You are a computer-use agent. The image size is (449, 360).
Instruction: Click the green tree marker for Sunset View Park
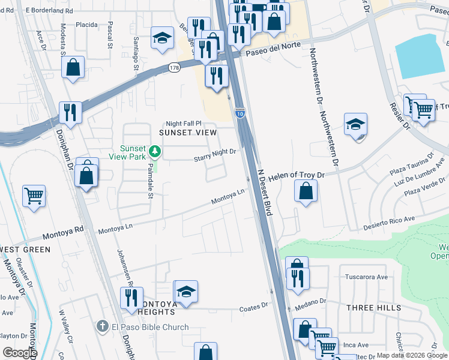tap(155, 151)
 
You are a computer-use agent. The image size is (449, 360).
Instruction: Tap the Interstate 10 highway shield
tap(240, 113)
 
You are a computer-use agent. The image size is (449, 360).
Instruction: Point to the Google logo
tap(19, 353)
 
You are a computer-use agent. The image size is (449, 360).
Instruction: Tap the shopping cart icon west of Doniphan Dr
tap(34, 196)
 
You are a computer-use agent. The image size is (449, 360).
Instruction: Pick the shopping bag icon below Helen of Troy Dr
tap(306, 192)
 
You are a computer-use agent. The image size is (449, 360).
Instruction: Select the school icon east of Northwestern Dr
tap(355, 125)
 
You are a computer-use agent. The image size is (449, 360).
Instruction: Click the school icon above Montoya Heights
tap(185, 292)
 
